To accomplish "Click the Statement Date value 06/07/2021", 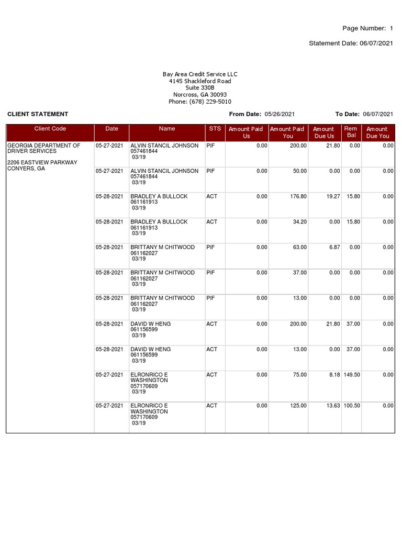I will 376,43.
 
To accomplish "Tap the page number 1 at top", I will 391,28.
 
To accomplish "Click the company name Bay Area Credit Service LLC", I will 200,74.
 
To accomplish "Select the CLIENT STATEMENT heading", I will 38,114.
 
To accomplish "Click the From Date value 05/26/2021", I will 280,114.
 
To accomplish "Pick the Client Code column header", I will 50,129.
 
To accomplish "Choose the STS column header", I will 215,129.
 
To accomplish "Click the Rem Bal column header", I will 351,132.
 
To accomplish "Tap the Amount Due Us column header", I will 323,132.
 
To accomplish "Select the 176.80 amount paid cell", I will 299,197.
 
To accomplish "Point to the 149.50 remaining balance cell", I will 352,375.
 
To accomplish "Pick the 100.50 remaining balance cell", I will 352,406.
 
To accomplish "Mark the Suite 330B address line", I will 200,88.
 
